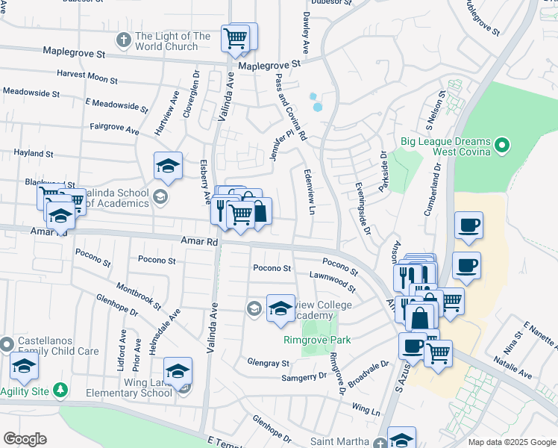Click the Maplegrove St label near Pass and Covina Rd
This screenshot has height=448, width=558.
pos(269,64)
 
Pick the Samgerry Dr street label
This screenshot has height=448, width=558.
pos(304,376)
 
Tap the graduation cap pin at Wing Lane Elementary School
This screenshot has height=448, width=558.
pos(178,371)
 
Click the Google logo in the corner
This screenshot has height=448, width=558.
pos(25,439)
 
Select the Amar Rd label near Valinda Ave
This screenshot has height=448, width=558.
pos(199,241)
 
